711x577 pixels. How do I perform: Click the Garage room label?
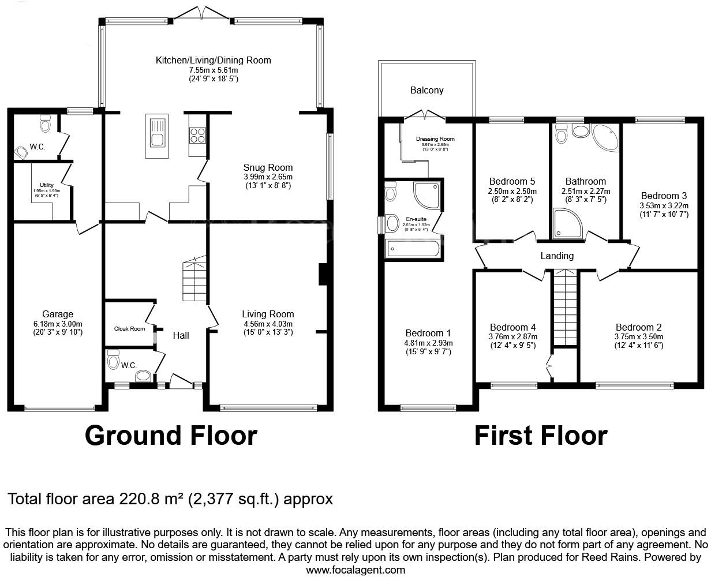click(58, 314)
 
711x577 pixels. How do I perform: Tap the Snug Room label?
click(268, 168)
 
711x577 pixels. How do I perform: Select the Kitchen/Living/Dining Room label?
click(213, 60)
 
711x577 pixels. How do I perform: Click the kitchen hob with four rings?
click(197, 134)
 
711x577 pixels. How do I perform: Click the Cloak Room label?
click(129, 328)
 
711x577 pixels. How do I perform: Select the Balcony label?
click(426, 91)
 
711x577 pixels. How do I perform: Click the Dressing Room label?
click(435, 139)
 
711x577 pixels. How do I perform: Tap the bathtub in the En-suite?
click(413, 249)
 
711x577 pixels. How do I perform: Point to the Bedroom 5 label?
click(512, 181)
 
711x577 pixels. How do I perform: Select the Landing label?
click(557, 256)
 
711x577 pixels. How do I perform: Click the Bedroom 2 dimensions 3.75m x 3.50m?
click(638, 337)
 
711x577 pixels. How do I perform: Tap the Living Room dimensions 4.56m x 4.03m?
click(268, 324)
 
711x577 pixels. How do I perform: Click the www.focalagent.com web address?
click(355, 569)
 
